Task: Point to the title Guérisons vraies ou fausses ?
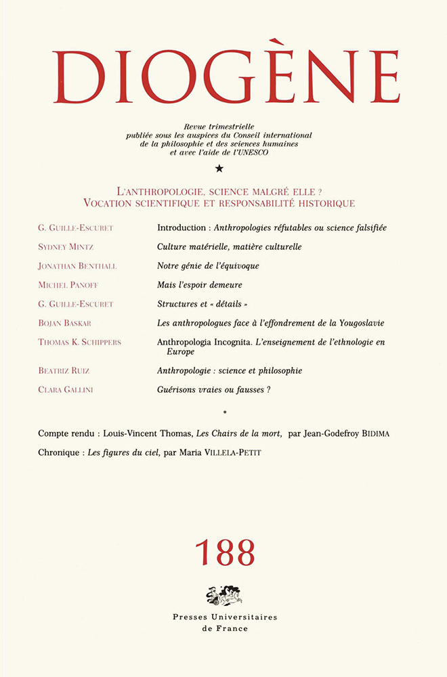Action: click(x=219, y=389)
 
